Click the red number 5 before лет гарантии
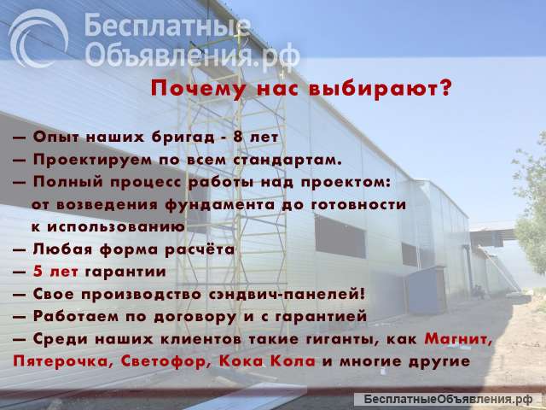[38, 272]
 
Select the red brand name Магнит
[458, 339]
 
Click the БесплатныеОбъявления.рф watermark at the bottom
[448, 400]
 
